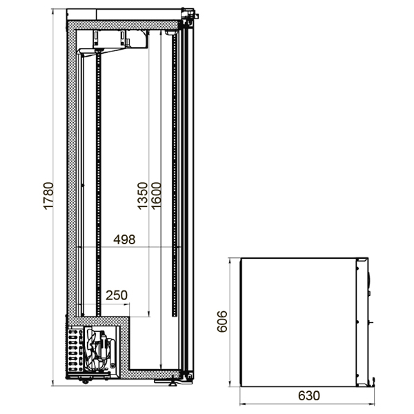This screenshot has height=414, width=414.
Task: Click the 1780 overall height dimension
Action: point(48,196)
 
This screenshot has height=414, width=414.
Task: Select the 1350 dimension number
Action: point(143,196)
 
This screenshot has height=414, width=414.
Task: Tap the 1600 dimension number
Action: point(156,196)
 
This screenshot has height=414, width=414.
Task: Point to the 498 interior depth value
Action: point(124,239)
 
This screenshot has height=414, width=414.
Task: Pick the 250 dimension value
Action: point(117,295)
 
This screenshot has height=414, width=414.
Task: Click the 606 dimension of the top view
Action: point(222,322)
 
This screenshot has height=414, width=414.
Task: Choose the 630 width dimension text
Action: point(309,395)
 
